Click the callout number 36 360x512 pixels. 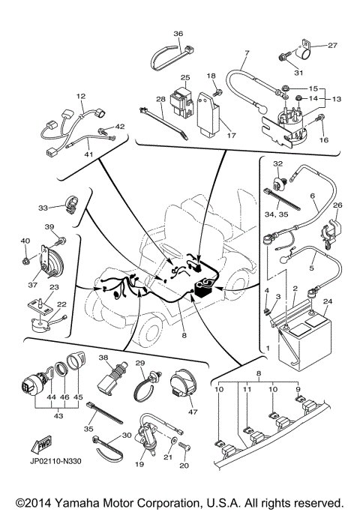[178, 34]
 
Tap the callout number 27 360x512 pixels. [333, 46]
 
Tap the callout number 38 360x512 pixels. [103, 358]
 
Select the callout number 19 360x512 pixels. [139, 465]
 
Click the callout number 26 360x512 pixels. [337, 205]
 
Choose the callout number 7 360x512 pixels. [246, 53]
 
